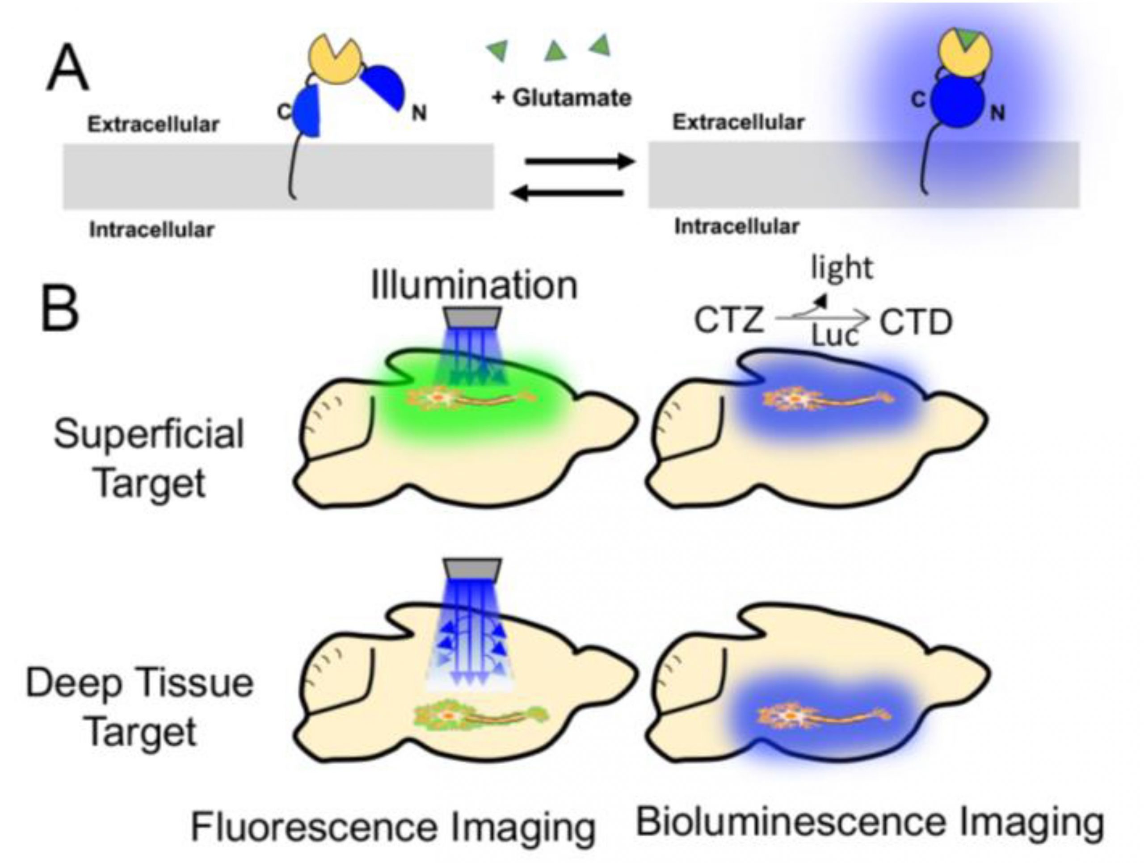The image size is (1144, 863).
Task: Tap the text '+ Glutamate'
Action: [x=562, y=98]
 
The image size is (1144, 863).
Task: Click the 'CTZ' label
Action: [x=729, y=321]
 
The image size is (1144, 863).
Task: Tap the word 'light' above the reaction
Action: [x=842, y=268]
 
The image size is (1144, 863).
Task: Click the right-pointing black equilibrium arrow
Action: [x=579, y=162]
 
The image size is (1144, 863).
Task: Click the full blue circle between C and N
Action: [x=958, y=102]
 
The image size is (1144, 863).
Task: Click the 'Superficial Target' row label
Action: [x=149, y=457]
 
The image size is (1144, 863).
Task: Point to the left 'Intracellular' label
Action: [x=151, y=230]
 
